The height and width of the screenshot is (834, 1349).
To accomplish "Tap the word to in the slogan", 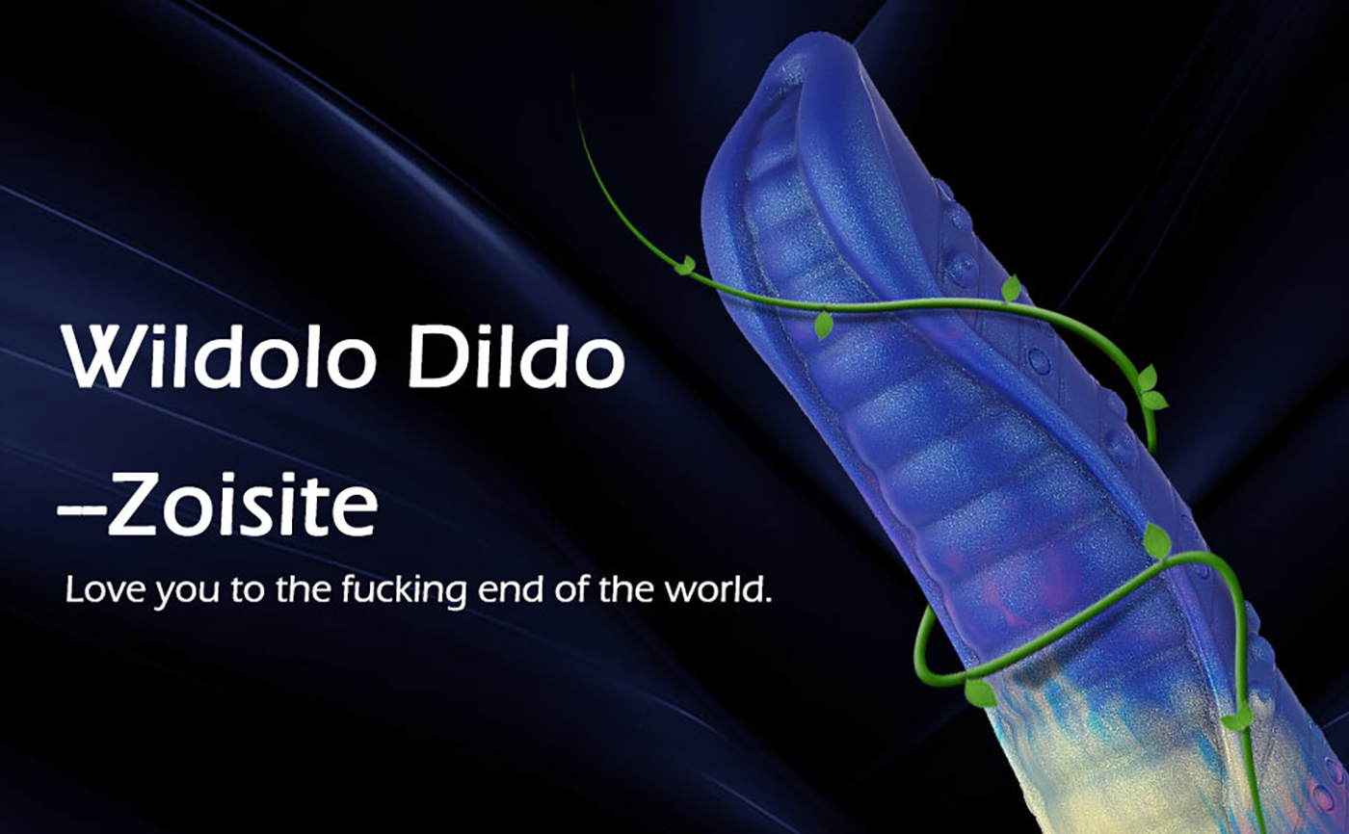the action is pos(248,590).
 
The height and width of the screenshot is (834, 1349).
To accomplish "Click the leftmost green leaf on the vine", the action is pos(686,265).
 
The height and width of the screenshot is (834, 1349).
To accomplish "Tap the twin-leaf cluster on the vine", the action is pos(1151,389).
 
